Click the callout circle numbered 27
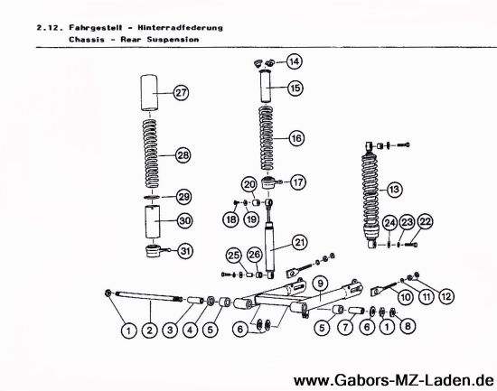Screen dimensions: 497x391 tap(181, 93)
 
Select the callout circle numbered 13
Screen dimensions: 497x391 tap(394, 190)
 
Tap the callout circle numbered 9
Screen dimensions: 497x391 tap(320, 284)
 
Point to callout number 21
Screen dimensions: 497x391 tap(299, 242)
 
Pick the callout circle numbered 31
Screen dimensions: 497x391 tap(185, 251)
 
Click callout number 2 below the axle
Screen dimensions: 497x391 tap(150, 330)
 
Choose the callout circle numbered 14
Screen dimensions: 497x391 tap(295, 61)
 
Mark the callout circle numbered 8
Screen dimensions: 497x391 tap(408, 326)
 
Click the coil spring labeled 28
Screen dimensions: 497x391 tap(151, 153)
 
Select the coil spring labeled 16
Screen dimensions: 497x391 tap(267, 138)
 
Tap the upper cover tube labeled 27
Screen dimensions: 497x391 tap(149, 92)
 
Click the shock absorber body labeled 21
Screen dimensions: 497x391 tap(270, 248)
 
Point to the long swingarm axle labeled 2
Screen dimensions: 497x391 tap(149, 296)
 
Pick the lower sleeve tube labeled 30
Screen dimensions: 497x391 tap(153, 222)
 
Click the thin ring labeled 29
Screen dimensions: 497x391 tap(152, 198)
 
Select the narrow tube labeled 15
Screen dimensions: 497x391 tap(267, 86)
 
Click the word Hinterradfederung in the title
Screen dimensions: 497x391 tap(180, 28)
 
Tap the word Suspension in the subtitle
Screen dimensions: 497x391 tap(173, 40)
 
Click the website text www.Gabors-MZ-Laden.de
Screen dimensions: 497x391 tap(393, 380)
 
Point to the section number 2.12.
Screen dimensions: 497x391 tap(48, 28)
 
